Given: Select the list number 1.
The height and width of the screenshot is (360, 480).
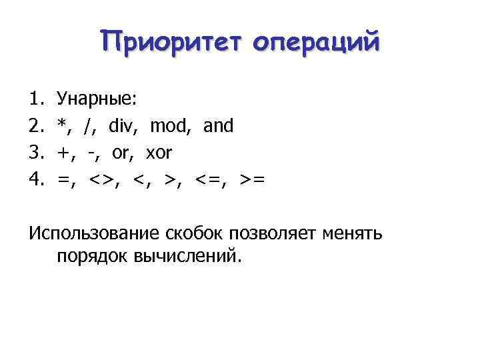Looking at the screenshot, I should click(x=35, y=99).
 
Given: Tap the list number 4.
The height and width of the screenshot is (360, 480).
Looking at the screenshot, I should click(x=35, y=180).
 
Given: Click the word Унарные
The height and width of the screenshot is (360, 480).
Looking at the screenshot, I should click(x=97, y=100).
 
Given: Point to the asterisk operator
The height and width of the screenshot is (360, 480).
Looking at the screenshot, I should click(x=63, y=125).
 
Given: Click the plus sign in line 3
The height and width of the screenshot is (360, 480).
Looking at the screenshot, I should click(x=65, y=153).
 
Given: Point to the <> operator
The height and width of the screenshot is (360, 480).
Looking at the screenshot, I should click(x=103, y=180).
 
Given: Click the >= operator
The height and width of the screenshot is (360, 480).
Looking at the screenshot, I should click(x=253, y=180).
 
